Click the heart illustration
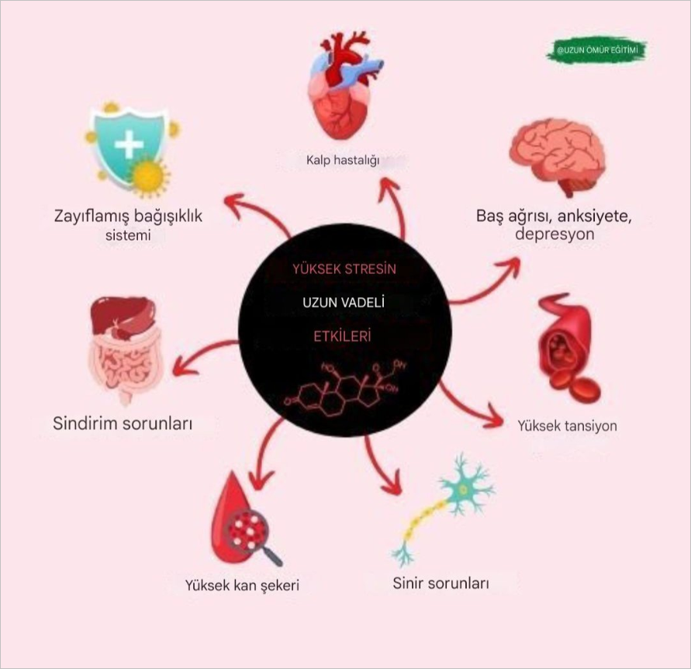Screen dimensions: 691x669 point(346,85)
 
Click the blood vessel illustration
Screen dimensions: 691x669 point(568,348)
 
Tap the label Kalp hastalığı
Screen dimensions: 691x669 point(343,160)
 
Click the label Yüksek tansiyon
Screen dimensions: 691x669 point(567,425)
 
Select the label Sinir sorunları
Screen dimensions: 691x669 point(441,584)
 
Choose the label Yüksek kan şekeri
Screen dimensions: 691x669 point(242,585)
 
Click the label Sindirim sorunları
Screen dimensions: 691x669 point(123,423)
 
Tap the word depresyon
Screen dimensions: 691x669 point(555,234)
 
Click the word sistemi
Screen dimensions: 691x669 point(128,235)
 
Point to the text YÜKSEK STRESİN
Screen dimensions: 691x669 point(344,269)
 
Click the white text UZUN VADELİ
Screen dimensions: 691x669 point(344,303)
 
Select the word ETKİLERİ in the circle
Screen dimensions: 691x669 point(343,337)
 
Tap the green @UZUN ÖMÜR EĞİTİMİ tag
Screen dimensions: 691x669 point(597,50)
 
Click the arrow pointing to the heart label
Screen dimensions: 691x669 point(396,207)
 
